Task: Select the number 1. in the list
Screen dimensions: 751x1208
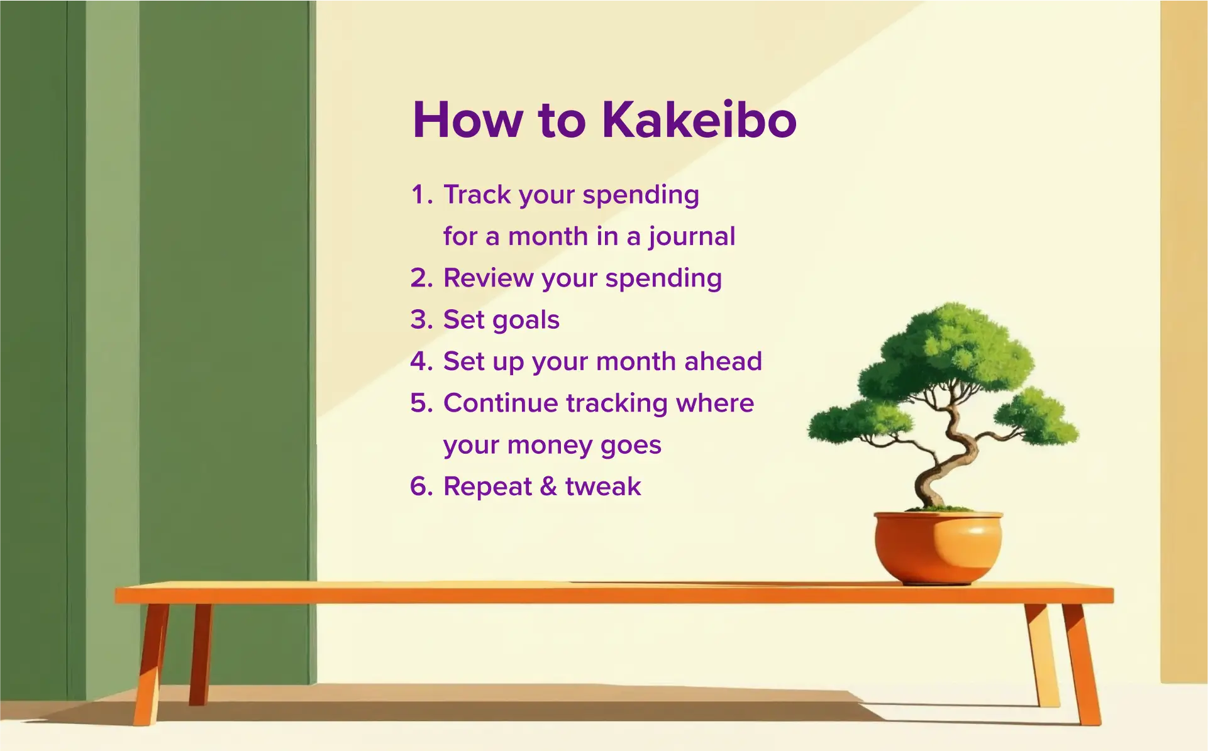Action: [x=421, y=195]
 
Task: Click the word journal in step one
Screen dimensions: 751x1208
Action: [x=692, y=237]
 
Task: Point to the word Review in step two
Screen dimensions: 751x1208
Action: [x=488, y=278]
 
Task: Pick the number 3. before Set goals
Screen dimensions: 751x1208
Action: [x=421, y=320]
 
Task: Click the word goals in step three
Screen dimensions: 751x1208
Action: [x=526, y=321]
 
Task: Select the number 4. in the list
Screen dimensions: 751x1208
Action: [x=421, y=361]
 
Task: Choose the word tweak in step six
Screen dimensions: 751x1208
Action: [x=602, y=486]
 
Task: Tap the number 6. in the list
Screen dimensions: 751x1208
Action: [x=421, y=486]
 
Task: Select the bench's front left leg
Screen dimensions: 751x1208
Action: [x=150, y=666]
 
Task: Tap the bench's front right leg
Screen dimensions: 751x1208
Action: [x=1082, y=666]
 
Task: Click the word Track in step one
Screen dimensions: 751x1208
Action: [x=477, y=195]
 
